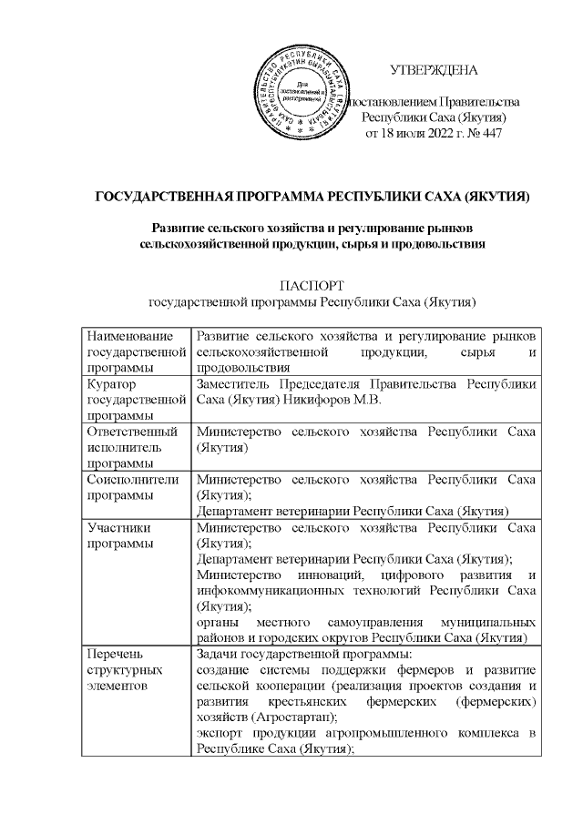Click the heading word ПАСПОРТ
(x=312, y=284)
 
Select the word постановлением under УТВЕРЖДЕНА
(x=390, y=101)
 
